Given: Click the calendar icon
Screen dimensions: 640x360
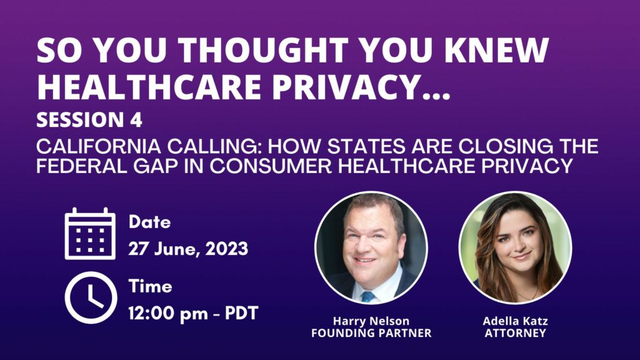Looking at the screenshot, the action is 90,234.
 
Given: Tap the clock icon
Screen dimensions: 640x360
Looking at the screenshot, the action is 91,297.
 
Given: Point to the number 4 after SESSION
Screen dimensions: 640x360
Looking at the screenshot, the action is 136,120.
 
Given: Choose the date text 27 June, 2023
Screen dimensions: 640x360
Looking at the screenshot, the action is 188,249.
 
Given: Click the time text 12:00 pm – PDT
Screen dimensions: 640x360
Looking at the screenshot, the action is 194,314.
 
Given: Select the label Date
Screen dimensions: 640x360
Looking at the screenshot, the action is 149,222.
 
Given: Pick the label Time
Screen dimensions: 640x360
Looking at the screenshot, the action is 150,286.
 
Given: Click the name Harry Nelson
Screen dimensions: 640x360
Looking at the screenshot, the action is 371,321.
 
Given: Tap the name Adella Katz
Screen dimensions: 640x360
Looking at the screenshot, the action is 515,321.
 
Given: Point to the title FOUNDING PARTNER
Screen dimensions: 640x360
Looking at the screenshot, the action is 371,333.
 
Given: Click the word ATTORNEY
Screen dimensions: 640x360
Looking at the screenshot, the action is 515,333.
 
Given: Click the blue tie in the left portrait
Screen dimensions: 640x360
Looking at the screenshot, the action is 368,297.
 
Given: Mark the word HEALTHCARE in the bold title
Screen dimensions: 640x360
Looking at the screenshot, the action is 149,86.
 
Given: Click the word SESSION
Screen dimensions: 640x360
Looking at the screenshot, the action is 80,120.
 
